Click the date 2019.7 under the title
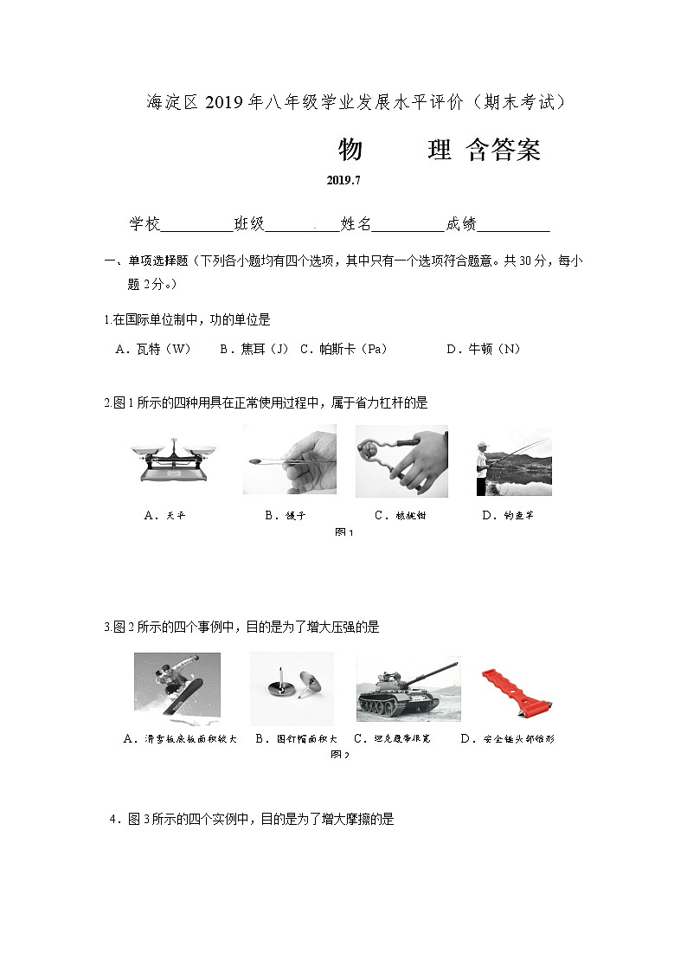point(343,181)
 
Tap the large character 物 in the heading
point(350,151)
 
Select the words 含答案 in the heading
point(503,151)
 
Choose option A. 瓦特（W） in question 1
point(153,349)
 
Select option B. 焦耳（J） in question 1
point(254,349)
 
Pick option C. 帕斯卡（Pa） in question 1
point(343,349)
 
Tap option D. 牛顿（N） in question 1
point(483,349)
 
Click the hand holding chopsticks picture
point(290,460)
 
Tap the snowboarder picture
point(177,687)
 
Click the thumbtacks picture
point(292,688)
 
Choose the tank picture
point(408,689)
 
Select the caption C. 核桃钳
point(400,515)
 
